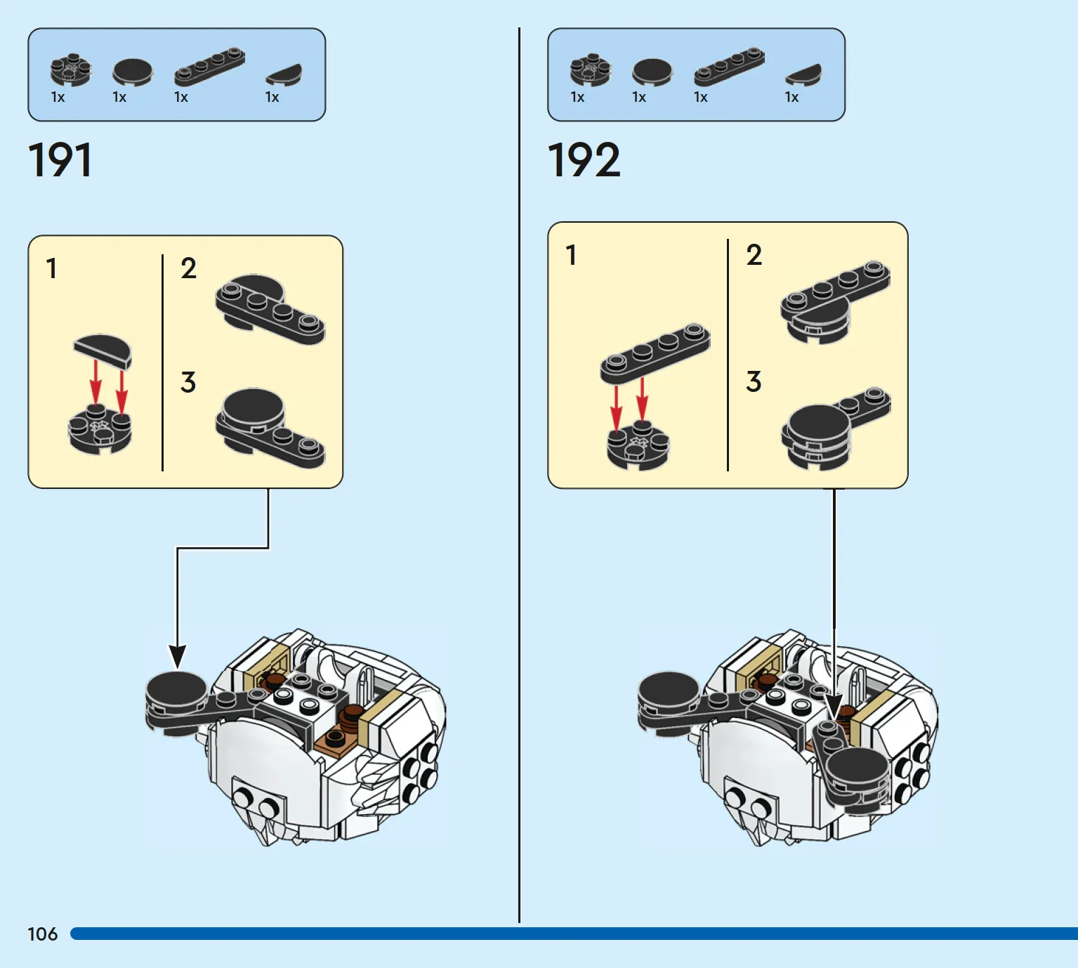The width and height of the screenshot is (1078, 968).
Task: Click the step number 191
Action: point(60,160)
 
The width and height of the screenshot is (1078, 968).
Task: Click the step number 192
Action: point(584,160)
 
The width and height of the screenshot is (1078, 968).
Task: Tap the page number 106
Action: point(42,934)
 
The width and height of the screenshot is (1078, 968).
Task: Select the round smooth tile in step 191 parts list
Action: point(132,72)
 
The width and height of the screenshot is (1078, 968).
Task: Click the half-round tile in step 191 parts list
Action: point(284,73)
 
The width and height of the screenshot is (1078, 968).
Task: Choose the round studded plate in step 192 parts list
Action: point(590,70)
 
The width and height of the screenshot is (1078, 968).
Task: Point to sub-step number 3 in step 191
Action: point(188,383)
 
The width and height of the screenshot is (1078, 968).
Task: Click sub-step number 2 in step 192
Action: point(754,255)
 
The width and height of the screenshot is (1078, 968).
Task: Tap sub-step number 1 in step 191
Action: point(51,269)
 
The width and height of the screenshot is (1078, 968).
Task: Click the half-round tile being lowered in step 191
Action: point(103,350)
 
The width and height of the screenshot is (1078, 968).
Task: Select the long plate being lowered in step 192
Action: point(655,353)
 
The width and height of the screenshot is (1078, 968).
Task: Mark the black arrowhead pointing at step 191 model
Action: point(178,657)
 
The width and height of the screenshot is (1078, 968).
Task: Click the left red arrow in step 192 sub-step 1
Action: point(616,407)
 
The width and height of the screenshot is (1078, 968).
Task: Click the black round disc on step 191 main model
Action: point(176,688)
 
